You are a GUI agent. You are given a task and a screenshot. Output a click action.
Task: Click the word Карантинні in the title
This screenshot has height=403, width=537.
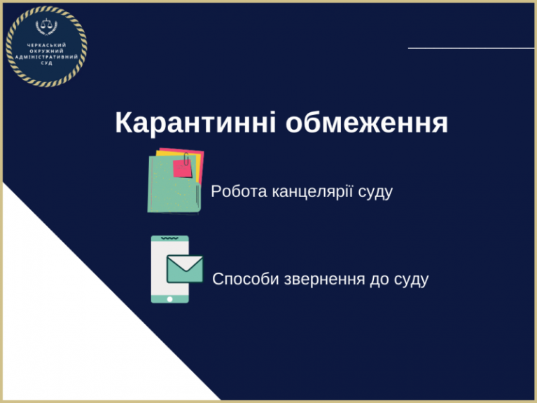[x=195, y=123]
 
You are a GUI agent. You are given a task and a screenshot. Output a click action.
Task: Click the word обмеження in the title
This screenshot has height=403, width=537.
[x=367, y=123]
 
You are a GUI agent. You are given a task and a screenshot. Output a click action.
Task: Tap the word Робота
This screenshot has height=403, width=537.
[x=239, y=191]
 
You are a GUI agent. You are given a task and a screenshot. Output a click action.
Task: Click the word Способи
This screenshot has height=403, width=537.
[x=246, y=279]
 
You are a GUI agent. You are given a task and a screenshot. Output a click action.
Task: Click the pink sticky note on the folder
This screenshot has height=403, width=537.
[x=182, y=168]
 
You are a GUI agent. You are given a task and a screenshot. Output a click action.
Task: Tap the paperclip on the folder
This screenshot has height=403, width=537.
[x=186, y=159]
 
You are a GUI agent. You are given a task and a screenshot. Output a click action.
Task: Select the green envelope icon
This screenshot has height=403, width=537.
[x=185, y=269]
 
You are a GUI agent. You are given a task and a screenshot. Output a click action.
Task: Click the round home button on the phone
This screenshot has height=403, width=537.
[x=169, y=299]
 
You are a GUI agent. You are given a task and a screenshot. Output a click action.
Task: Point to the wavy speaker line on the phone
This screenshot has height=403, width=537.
[x=169, y=238]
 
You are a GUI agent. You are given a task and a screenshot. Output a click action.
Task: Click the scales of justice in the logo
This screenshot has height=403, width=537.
[x=47, y=26]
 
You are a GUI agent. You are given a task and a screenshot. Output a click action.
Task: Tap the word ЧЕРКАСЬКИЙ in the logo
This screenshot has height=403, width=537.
[x=46, y=45]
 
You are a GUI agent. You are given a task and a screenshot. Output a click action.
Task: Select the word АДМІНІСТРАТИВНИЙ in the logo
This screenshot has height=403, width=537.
[x=47, y=57]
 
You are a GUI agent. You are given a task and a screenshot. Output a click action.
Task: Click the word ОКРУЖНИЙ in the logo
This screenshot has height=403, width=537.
[x=47, y=51]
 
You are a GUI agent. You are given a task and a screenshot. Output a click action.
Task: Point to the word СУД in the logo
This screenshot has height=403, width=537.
[x=47, y=63]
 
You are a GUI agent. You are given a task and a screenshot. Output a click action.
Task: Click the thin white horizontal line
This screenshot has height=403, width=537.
[x=471, y=48]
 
